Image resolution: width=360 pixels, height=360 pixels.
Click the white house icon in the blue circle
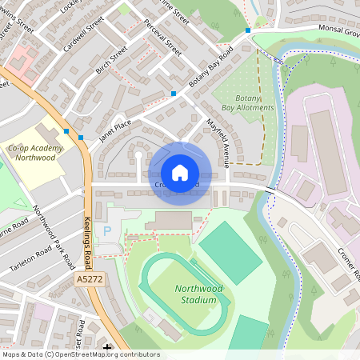tap(180, 173)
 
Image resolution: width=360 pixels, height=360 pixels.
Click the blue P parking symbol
tap(107, 230)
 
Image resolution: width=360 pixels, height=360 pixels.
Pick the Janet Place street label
tap(116, 127)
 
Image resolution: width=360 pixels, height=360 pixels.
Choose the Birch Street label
tap(112, 62)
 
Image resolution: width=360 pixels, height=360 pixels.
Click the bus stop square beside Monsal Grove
tap(248, 30)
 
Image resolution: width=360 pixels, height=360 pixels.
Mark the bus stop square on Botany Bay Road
tap(174, 94)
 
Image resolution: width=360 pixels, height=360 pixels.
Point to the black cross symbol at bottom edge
tap(108, 350)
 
